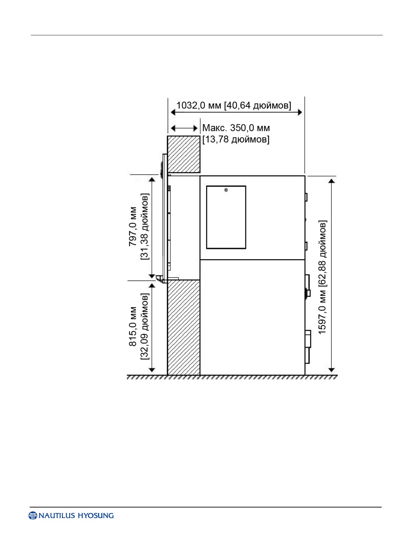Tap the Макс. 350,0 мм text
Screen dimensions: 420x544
236,128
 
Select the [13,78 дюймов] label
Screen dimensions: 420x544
236,139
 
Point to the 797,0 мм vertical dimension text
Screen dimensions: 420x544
133,226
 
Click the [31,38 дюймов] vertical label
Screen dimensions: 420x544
145,226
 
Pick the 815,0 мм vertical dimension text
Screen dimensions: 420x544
133,326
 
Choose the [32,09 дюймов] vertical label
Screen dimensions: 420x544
145,326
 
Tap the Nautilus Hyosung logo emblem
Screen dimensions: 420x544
33,516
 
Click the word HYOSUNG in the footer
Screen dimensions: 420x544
96,516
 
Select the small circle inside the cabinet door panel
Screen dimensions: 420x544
226,190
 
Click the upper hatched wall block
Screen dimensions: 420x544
183,154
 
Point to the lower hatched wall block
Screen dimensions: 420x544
183,327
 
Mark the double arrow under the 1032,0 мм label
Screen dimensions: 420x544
237,112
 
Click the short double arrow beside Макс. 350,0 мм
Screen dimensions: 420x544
184,129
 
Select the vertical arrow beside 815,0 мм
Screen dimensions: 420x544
152,328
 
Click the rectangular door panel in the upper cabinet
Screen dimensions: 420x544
226,217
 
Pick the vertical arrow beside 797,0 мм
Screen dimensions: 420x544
152,227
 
